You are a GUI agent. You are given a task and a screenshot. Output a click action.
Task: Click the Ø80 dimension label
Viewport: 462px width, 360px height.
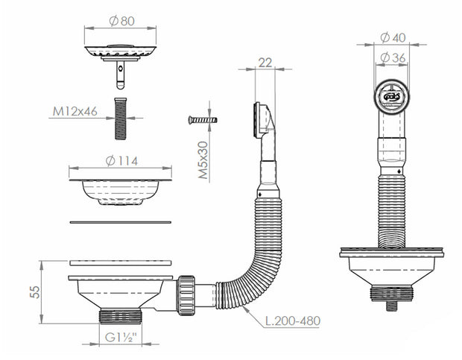click(x=121, y=21)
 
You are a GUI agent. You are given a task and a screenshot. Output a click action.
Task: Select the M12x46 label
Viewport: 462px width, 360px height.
click(x=75, y=111)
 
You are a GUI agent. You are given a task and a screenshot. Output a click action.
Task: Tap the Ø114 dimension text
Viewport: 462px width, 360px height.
click(x=121, y=161)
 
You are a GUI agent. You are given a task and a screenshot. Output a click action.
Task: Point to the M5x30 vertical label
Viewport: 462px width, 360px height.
click(x=203, y=160)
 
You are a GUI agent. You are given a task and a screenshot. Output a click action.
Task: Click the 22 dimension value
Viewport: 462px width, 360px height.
click(x=265, y=63)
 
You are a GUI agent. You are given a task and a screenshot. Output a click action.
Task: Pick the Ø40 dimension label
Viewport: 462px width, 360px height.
click(x=393, y=38)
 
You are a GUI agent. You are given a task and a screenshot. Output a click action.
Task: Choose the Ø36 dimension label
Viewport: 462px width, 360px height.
click(x=393, y=57)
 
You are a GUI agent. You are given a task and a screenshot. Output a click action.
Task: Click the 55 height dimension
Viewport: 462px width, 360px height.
click(x=35, y=292)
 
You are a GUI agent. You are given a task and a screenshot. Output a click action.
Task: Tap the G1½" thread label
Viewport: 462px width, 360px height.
click(x=121, y=338)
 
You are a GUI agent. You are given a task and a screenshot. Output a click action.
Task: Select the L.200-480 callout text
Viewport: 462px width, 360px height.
click(x=293, y=320)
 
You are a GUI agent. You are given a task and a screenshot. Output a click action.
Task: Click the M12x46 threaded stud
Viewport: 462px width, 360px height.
click(x=120, y=119)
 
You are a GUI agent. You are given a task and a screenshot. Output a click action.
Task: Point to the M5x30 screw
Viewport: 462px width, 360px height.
click(x=203, y=120)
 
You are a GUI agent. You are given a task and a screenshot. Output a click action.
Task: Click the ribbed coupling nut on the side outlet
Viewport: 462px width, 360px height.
click(x=186, y=295)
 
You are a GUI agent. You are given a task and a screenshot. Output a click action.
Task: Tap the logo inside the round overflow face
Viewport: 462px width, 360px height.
click(x=391, y=96)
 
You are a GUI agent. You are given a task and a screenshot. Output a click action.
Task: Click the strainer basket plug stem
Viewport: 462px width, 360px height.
click(x=121, y=75)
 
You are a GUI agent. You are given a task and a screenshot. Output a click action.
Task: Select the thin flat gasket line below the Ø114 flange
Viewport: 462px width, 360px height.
click(x=121, y=222)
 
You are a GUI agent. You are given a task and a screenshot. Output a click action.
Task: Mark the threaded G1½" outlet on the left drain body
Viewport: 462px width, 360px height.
click(x=121, y=317)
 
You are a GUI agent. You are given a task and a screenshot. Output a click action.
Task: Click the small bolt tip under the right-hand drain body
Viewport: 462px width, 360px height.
click(x=391, y=306)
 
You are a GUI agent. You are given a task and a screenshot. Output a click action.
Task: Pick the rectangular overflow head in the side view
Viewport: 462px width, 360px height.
click(x=262, y=120)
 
